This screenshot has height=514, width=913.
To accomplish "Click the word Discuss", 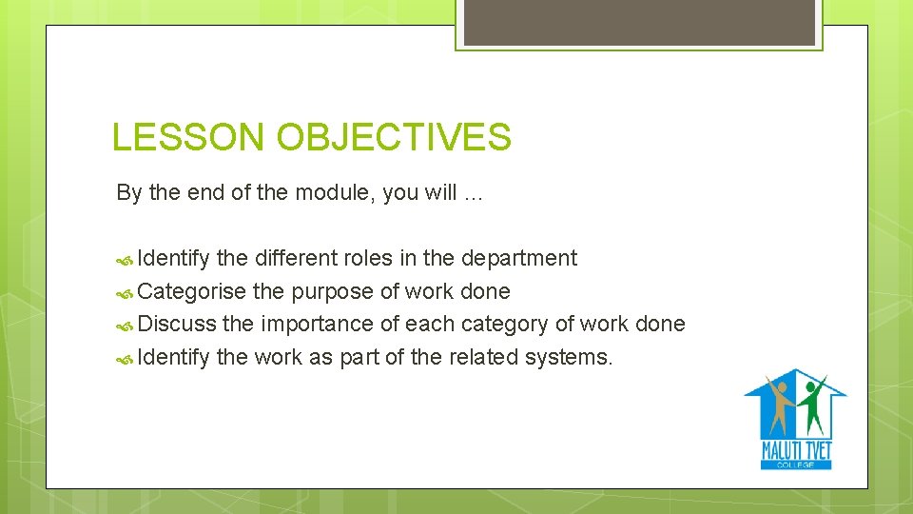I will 177,324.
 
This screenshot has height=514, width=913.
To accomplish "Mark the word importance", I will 318,324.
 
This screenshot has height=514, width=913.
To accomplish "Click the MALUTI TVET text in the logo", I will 796,449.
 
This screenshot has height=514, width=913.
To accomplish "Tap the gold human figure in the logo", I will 782,405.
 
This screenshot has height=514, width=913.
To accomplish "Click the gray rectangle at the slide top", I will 638,22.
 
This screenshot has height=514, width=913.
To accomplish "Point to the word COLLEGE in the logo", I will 796,464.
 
